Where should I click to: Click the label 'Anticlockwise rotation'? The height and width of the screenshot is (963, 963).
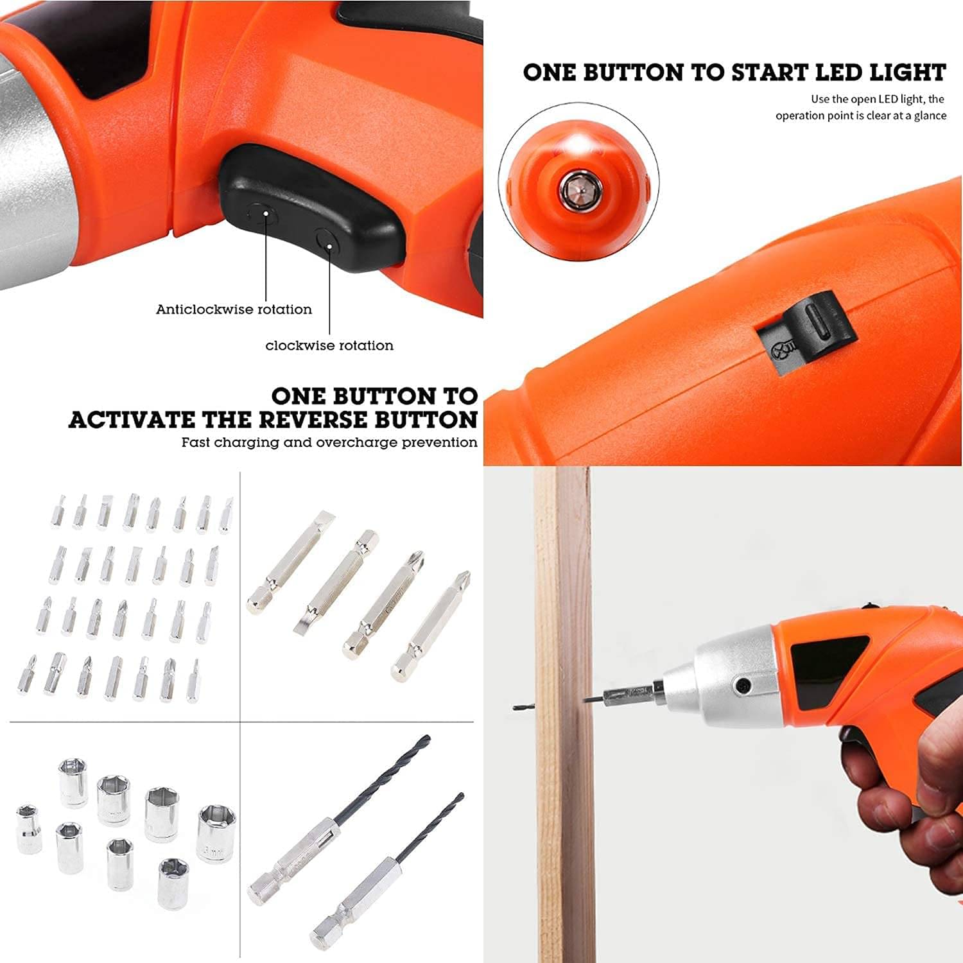click(x=234, y=309)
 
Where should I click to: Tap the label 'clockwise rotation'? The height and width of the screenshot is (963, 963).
click(x=329, y=345)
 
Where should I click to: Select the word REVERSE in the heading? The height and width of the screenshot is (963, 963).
click(x=315, y=420)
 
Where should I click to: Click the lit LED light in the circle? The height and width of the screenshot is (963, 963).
click(x=580, y=143)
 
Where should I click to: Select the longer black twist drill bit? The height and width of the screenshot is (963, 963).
click(x=339, y=820)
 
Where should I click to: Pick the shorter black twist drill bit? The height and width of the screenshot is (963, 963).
click(x=386, y=872)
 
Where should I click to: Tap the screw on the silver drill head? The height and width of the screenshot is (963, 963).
click(x=743, y=686)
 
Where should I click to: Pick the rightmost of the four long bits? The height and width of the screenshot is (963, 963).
click(x=431, y=626)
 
